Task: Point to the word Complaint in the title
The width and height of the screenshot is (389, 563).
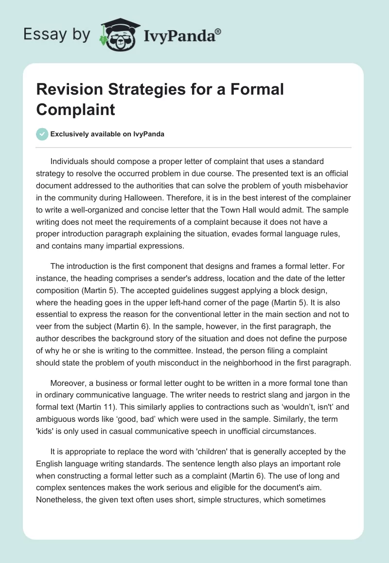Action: pyautogui.click(x=76, y=109)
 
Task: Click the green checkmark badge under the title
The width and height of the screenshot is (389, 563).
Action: pyautogui.click(x=42, y=134)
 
